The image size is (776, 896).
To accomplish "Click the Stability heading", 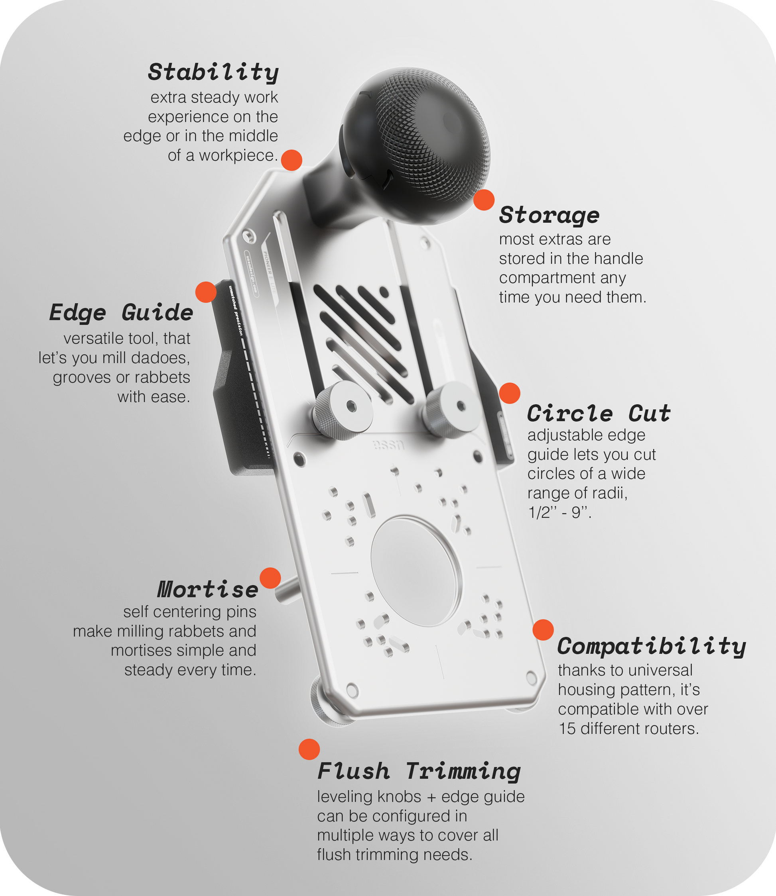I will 213,72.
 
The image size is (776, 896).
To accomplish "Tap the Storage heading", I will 549,215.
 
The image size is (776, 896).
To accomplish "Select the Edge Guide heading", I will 121,312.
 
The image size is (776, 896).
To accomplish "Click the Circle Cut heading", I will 599,413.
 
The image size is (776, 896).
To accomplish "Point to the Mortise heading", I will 208,589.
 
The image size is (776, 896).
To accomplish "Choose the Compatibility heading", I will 651,647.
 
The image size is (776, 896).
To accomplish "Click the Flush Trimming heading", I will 419,771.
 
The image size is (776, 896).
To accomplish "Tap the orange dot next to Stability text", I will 291,160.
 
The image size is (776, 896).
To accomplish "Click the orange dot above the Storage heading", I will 484,200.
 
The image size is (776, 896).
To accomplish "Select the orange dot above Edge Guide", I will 206,292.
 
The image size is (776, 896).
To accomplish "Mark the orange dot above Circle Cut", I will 510,393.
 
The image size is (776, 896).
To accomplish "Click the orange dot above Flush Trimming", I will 309,749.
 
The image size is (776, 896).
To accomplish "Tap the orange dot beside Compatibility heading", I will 543,629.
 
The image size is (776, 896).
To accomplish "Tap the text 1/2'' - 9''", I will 559,512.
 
